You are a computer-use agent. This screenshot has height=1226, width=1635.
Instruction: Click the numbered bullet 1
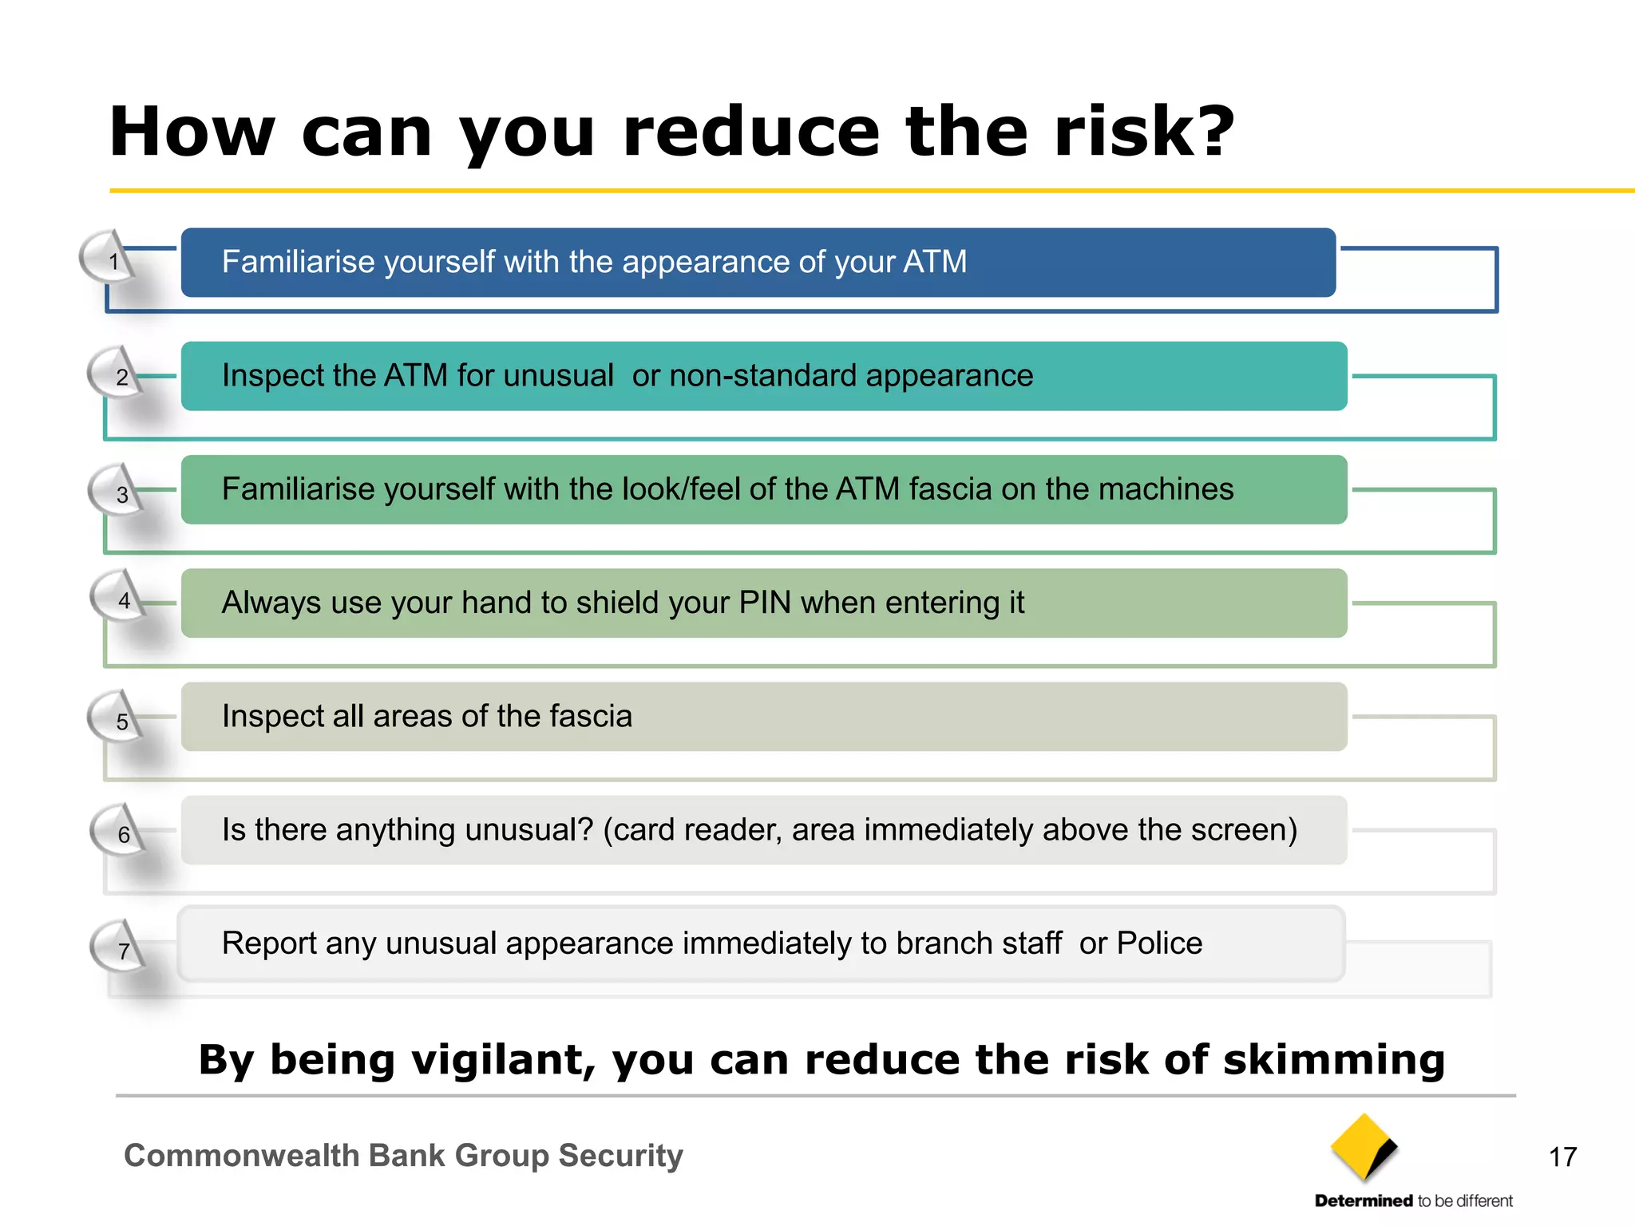coord(113,261)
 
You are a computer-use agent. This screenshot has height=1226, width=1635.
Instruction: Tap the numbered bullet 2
coord(121,376)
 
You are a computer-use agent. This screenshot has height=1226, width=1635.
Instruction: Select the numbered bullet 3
coord(122,494)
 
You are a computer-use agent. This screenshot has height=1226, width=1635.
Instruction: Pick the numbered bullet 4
coord(124,600)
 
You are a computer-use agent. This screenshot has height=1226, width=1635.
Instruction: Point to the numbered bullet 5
coord(122,721)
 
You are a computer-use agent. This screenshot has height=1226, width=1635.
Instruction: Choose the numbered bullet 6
coord(124,834)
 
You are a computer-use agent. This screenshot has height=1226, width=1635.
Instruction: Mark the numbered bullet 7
coord(124,951)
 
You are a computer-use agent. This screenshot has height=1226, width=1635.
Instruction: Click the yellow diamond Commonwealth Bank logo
coord(1364,1148)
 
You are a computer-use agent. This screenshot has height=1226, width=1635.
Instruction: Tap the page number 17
coord(1562,1157)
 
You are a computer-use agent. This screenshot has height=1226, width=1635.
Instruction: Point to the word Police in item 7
coord(1159,943)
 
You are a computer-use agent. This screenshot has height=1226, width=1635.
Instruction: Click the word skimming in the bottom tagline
coord(1334,1060)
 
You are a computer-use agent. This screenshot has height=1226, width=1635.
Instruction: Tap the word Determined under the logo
coord(1364,1200)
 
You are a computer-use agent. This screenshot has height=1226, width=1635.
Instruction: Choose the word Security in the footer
coord(620,1155)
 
